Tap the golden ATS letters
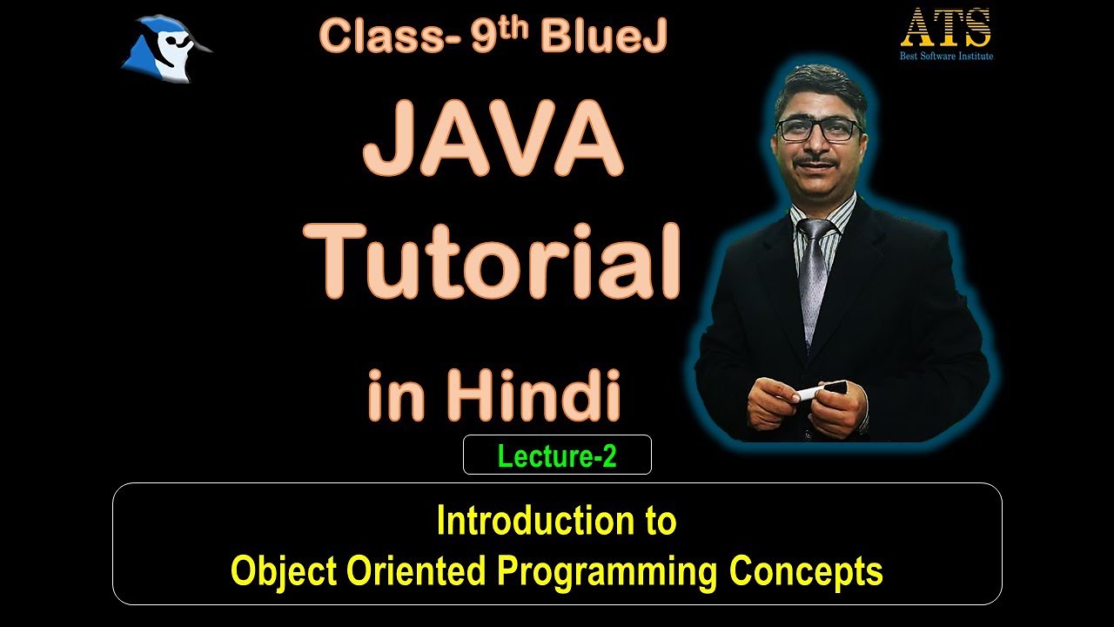[x=946, y=29]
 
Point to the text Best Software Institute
[x=946, y=57]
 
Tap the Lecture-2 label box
[x=557, y=455]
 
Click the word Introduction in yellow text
[x=527, y=522]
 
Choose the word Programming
[x=607, y=572]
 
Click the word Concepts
[x=806, y=572]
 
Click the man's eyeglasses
[x=818, y=130]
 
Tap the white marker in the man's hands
[x=818, y=392]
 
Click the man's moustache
[x=822, y=162]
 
